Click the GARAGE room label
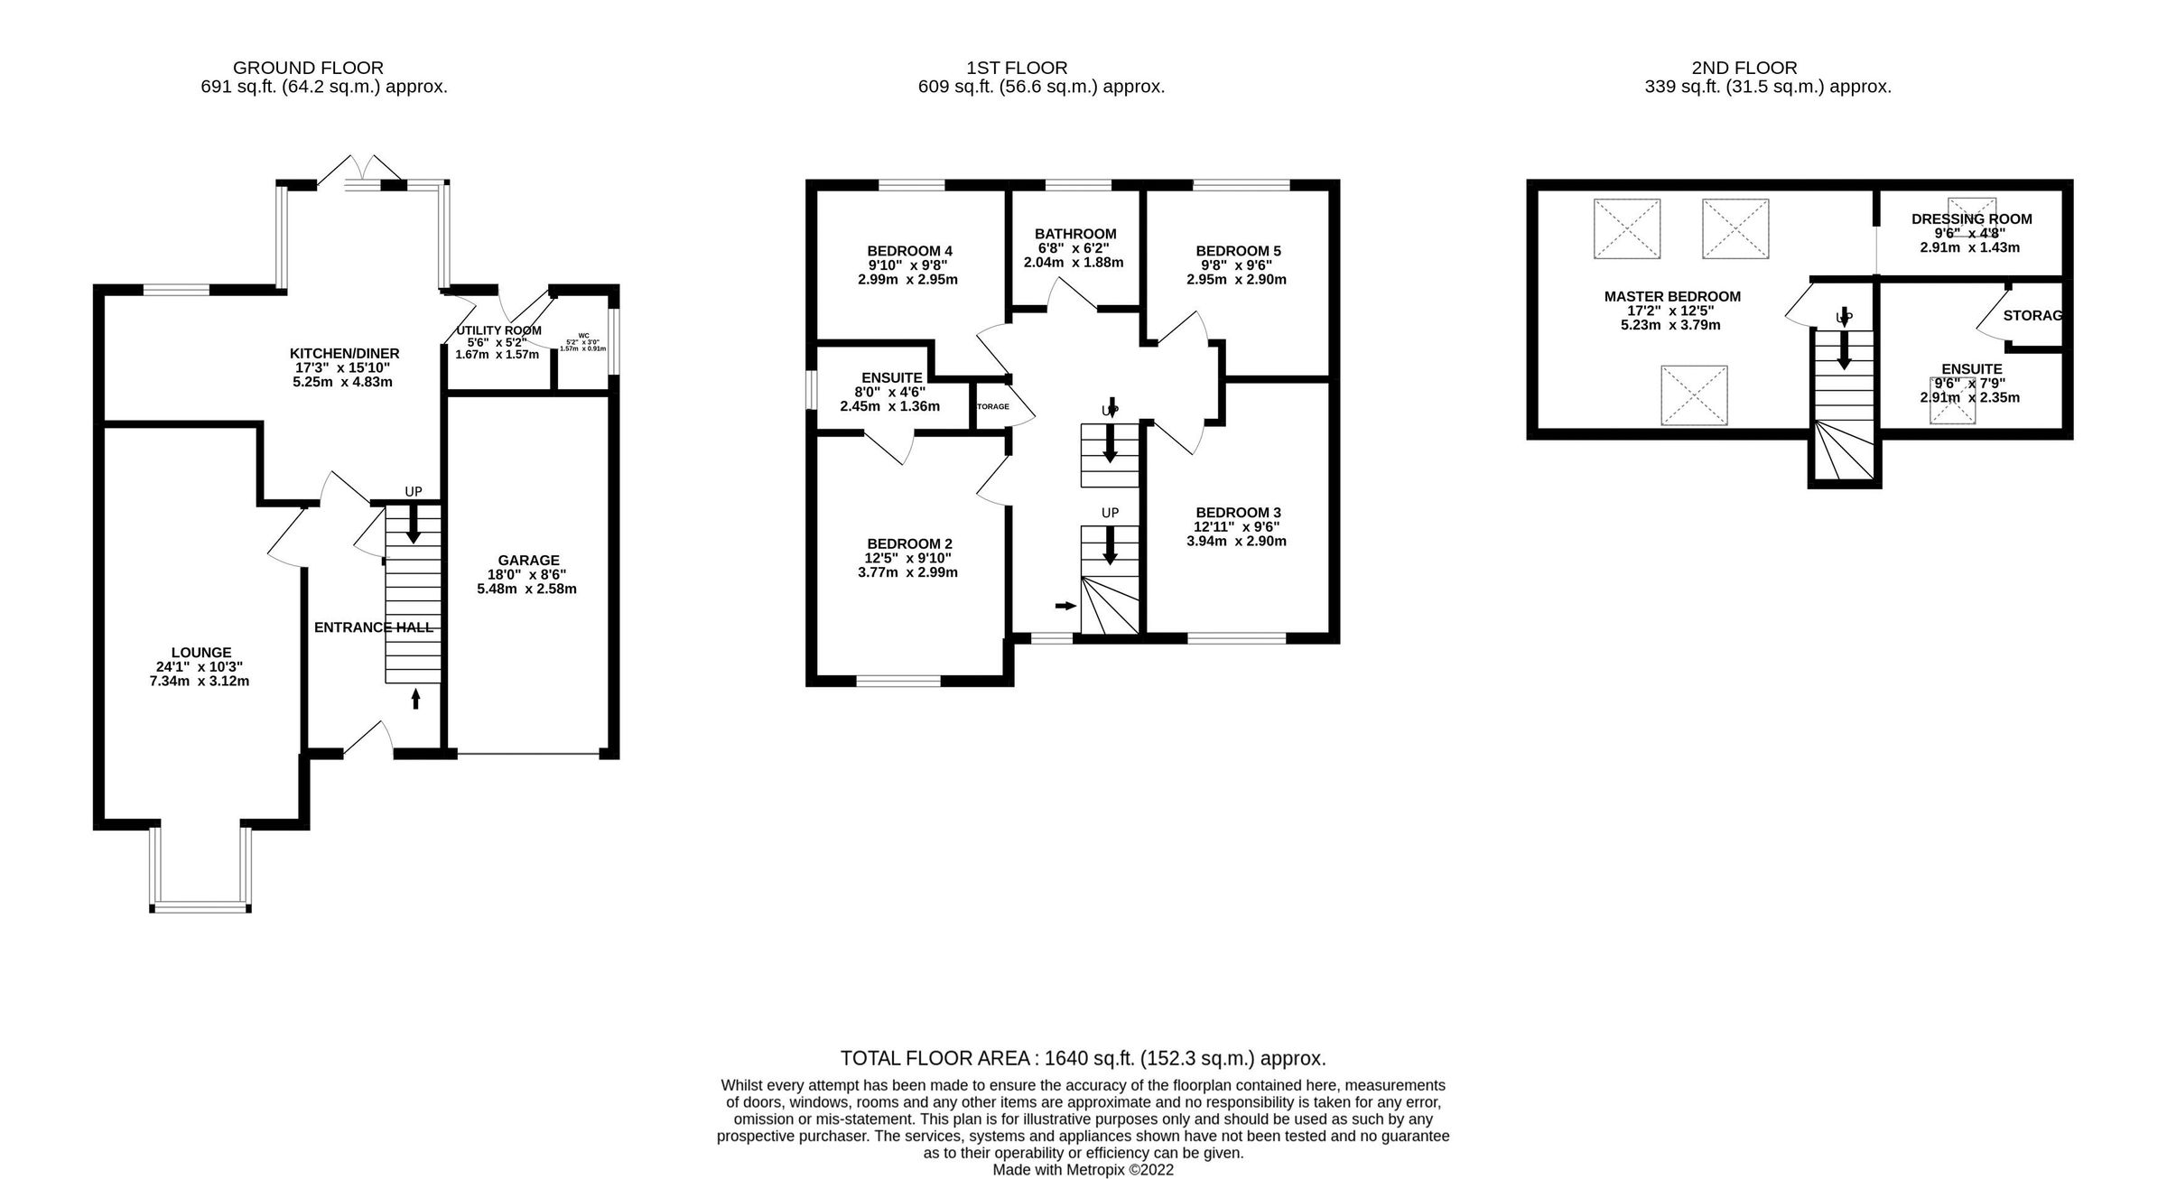click(x=528, y=560)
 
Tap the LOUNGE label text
click(x=201, y=652)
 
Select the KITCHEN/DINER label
click(x=344, y=353)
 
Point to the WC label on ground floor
click(x=583, y=335)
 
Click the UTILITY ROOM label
click(x=498, y=330)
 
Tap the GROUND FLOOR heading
click(x=308, y=68)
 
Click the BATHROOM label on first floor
click(x=1075, y=234)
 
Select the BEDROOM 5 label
click(x=1238, y=251)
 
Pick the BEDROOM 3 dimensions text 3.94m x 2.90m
click(x=1236, y=542)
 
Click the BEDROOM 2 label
click(x=909, y=543)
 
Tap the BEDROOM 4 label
click(x=909, y=251)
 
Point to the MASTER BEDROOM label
click(x=1672, y=296)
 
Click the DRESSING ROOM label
click(x=1971, y=218)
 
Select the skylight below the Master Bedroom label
click(x=1694, y=395)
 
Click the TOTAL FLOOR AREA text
click(x=1083, y=1058)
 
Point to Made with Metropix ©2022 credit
click(x=1083, y=1170)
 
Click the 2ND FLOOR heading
click(x=1744, y=68)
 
